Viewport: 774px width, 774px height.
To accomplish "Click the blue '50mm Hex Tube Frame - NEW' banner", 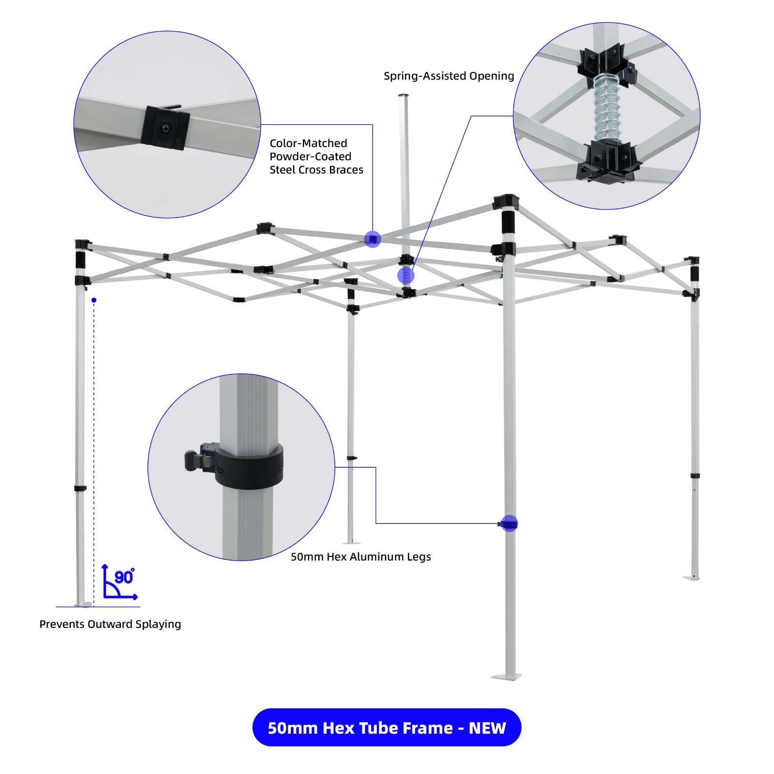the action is tap(387, 727).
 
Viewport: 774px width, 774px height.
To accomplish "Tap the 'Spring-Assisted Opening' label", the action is tap(449, 76).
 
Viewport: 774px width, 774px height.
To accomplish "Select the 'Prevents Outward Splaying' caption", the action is tap(110, 624).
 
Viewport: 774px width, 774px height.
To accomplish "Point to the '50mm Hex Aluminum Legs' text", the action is tap(360, 557).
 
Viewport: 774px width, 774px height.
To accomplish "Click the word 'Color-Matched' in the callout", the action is tap(308, 143).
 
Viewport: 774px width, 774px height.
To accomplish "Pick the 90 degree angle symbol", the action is tap(120, 582).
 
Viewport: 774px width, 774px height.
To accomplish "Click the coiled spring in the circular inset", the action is tap(606, 107).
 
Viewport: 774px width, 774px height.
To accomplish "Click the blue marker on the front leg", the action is tap(509, 523).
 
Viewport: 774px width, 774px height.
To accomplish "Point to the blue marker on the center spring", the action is tap(406, 276).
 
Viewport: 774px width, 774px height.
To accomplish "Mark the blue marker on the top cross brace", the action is tap(372, 239).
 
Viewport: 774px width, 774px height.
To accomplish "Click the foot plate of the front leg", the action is tap(506, 676).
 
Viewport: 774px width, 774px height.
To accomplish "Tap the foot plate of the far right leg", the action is tap(692, 578).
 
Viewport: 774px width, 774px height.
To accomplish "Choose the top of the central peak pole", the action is tap(403, 96).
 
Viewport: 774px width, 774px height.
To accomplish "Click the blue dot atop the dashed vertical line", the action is tap(94, 300).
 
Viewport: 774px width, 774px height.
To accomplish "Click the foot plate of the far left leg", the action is tap(83, 604).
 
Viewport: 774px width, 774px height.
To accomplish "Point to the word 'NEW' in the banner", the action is tap(487, 728).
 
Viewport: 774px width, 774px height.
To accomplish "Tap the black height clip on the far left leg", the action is tap(80, 488).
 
